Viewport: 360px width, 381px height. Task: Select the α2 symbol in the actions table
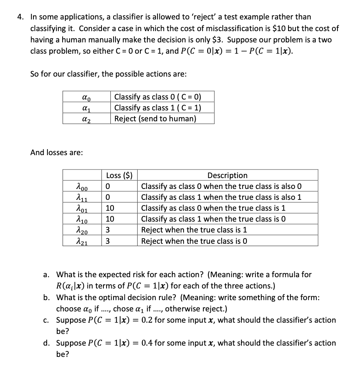(x=87, y=119)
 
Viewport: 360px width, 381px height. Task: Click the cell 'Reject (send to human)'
(x=155, y=119)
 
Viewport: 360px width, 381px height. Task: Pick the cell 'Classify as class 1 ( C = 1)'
(x=158, y=108)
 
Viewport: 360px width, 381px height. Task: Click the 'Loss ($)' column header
(x=119, y=175)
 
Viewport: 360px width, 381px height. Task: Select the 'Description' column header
(x=227, y=175)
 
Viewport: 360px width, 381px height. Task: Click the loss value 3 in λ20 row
(x=108, y=230)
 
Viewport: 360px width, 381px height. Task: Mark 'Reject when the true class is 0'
(x=194, y=241)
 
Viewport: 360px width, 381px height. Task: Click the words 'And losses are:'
(x=56, y=152)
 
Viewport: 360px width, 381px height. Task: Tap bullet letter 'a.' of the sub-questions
(x=46, y=274)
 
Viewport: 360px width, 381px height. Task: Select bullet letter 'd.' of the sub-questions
(x=46, y=343)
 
